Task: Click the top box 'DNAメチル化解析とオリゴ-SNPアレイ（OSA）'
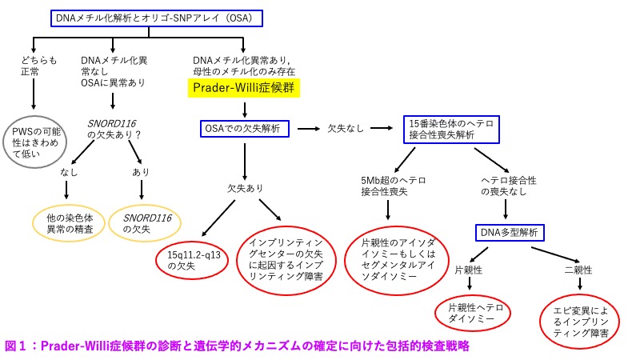[158, 17]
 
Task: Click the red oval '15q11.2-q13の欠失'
[189, 258]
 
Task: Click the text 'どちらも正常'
[36, 66]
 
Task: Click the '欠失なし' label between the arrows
[346, 128]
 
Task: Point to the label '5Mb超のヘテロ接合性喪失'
[389, 186]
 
